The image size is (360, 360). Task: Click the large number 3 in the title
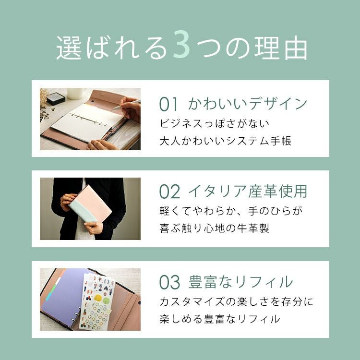tap(181, 44)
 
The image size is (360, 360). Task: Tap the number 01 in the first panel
tap(168, 104)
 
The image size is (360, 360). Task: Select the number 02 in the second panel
tap(169, 192)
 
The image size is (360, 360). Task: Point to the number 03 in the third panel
tap(169, 282)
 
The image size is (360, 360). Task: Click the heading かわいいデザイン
tap(248, 104)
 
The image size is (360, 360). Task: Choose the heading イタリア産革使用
tap(248, 191)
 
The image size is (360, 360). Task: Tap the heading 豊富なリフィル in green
tap(240, 282)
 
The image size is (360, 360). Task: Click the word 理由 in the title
tap(281, 48)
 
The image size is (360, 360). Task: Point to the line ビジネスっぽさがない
tap(214, 123)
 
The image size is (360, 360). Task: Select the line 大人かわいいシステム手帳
tap(225, 141)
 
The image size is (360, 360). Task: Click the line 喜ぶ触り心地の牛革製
tap(214, 228)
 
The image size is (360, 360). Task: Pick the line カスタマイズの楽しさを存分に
tap(236, 301)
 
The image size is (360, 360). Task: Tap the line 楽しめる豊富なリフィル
tap(220, 319)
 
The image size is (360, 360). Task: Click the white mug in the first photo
tap(76, 93)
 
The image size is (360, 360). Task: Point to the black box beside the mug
tap(55, 98)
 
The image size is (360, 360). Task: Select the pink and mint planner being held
tap(90, 204)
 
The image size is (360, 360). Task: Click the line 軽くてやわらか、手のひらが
tap(231, 211)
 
